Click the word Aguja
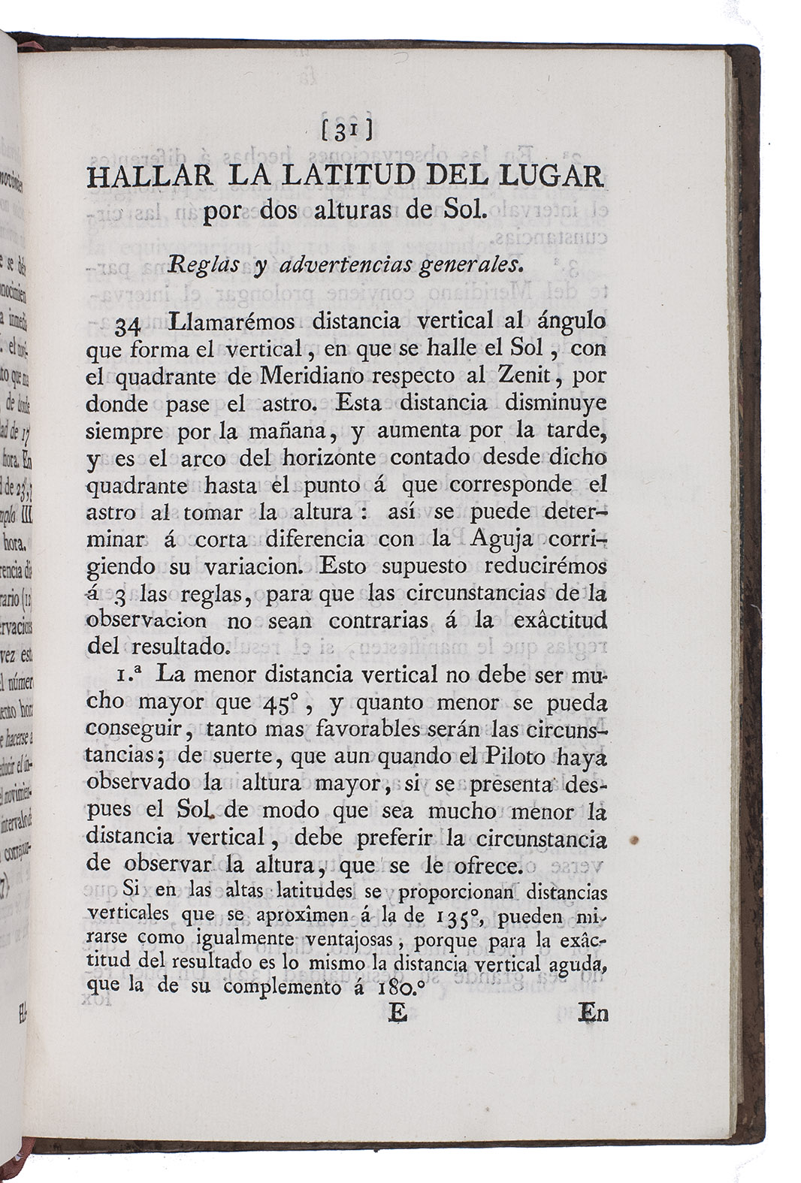[x=502, y=539]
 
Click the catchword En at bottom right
[x=593, y=1013]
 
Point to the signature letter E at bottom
[x=397, y=1013]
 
